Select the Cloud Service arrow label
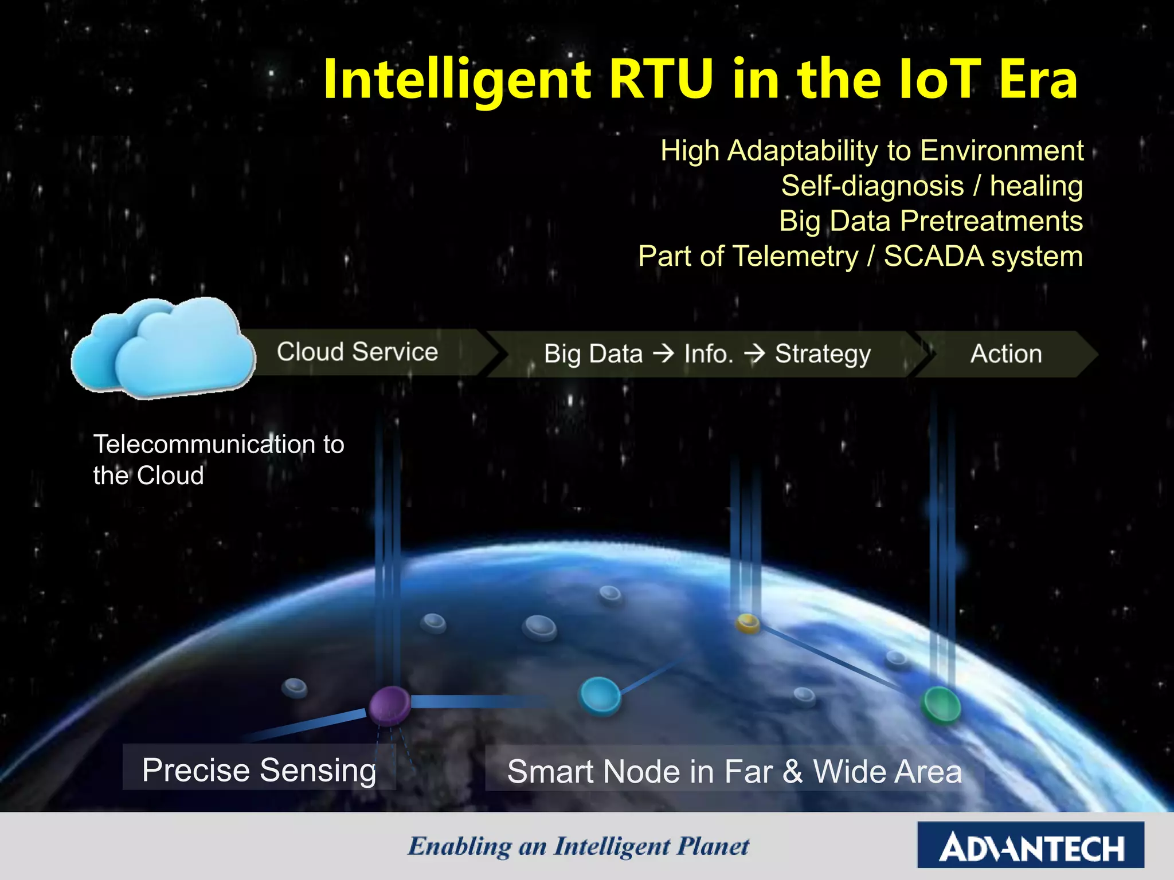[x=357, y=352]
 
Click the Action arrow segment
[x=1006, y=353]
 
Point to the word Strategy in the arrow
[x=823, y=354]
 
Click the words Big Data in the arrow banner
[x=593, y=354]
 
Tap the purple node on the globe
[x=389, y=705]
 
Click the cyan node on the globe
[x=600, y=695]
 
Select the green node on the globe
[x=940, y=704]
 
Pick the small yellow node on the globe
[x=748, y=622]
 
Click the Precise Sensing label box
[x=259, y=769]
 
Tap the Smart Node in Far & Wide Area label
[x=734, y=771]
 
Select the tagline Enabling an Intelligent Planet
[x=578, y=846]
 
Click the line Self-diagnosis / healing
[x=932, y=186]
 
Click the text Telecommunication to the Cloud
[x=218, y=459]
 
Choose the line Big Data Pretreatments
[x=930, y=221]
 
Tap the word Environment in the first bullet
[x=1001, y=151]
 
